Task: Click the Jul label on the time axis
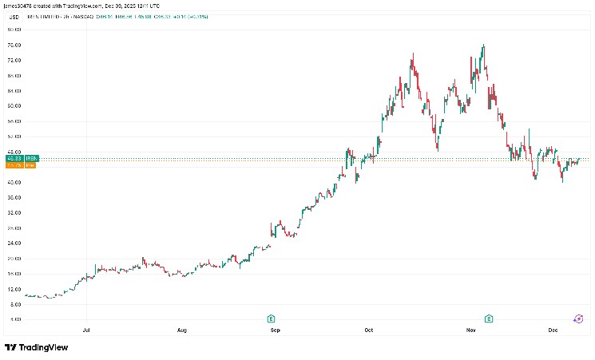point(86,329)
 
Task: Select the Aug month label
point(182,329)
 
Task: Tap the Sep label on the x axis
point(276,329)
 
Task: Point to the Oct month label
point(369,329)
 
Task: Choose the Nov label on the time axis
point(471,329)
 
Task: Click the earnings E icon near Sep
point(272,318)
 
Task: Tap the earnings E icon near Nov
point(489,318)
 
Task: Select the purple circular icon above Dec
point(578,318)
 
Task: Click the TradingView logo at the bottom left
point(36,347)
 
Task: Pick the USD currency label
point(11,18)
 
